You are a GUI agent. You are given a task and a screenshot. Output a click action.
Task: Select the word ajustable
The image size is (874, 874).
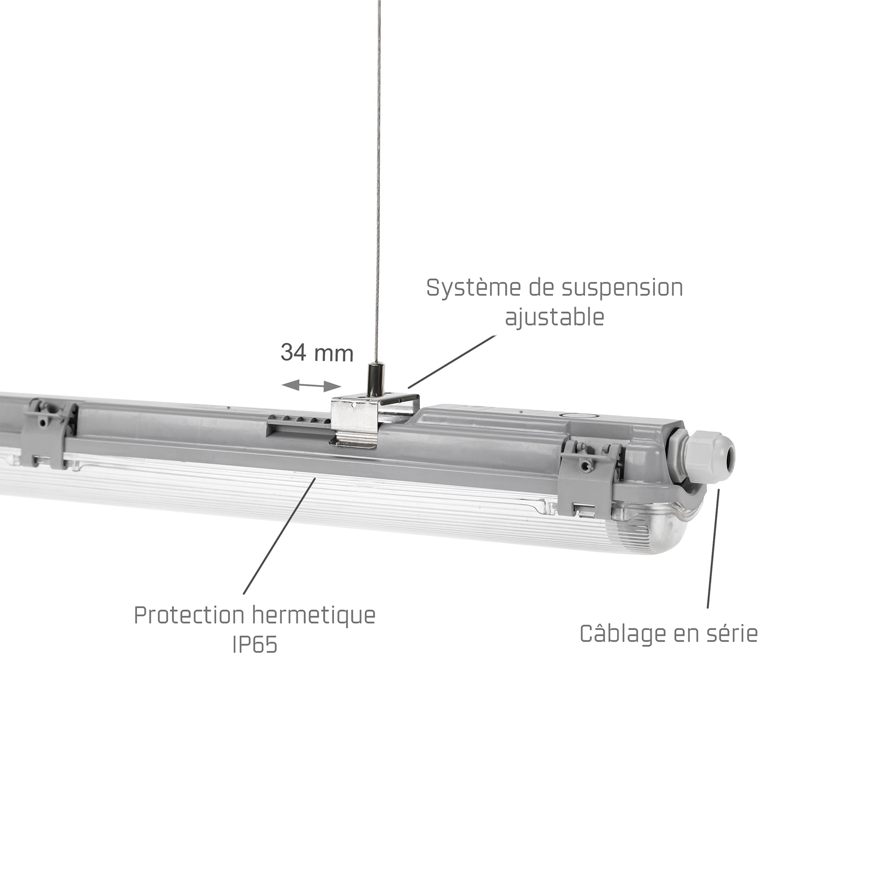tap(555, 317)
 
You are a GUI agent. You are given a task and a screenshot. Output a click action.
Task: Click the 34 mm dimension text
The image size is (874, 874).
tap(317, 353)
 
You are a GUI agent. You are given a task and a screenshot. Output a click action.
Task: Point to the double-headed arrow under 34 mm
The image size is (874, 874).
tap(311, 385)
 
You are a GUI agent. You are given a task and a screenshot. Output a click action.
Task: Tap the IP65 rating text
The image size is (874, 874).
tap(255, 644)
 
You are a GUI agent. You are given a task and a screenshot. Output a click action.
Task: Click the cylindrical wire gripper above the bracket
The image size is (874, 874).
tap(372, 377)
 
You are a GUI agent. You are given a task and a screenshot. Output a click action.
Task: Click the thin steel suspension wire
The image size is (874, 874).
tap(378, 182)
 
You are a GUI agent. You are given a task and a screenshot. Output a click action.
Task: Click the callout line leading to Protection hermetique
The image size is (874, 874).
tap(279, 536)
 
